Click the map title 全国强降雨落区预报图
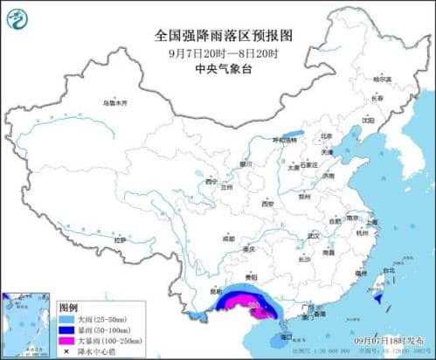(218, 36)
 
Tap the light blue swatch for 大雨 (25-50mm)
(67, 320)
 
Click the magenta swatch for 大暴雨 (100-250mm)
(67, 339)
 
